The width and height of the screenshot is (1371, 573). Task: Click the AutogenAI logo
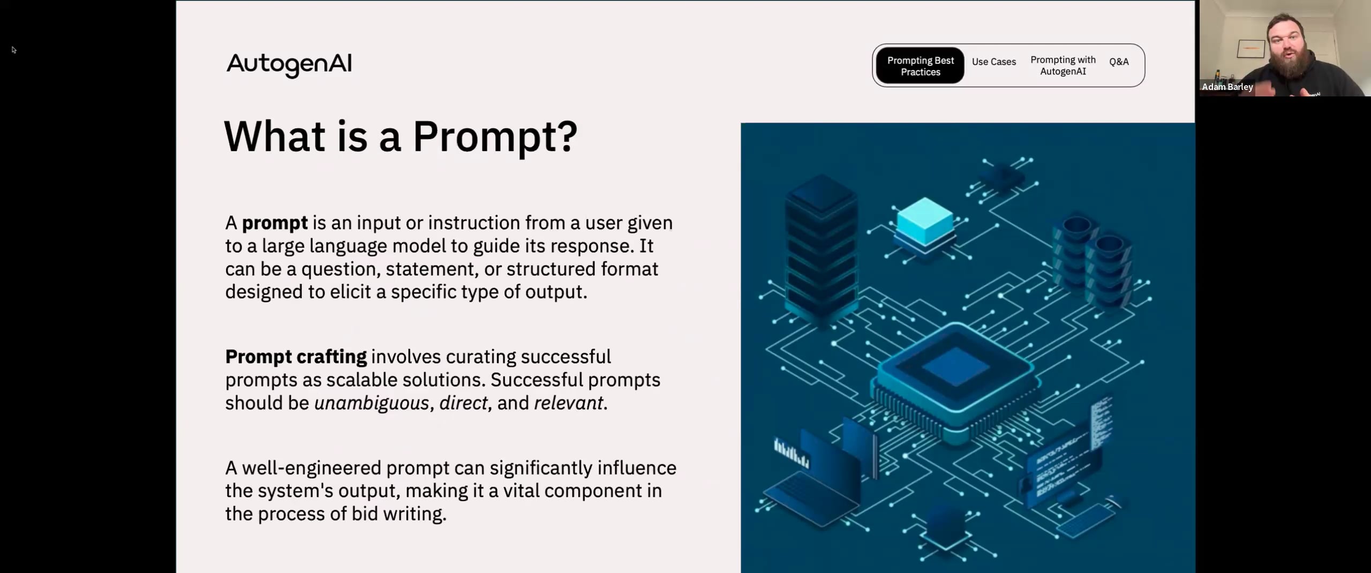coord(289,64)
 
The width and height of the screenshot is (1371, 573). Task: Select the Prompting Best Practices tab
coord(920,66)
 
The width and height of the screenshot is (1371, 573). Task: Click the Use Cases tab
coord(993,62)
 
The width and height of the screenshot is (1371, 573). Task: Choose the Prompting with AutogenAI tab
coord(1063,65)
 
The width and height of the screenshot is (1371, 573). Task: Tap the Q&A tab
coord(1119,62)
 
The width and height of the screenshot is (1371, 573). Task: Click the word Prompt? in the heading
coord(495,137)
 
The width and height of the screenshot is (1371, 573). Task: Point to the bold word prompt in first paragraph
coord(275,223)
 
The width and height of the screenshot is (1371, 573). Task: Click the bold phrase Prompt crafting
coord(296,357)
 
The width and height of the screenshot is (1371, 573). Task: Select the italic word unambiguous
coord(372,403)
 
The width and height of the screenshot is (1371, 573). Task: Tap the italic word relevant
coord(569,403)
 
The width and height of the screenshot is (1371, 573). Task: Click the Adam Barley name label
coord(1227,87)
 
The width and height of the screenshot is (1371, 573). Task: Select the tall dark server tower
coord(820,246)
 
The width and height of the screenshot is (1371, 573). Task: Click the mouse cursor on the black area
coord(13,50)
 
